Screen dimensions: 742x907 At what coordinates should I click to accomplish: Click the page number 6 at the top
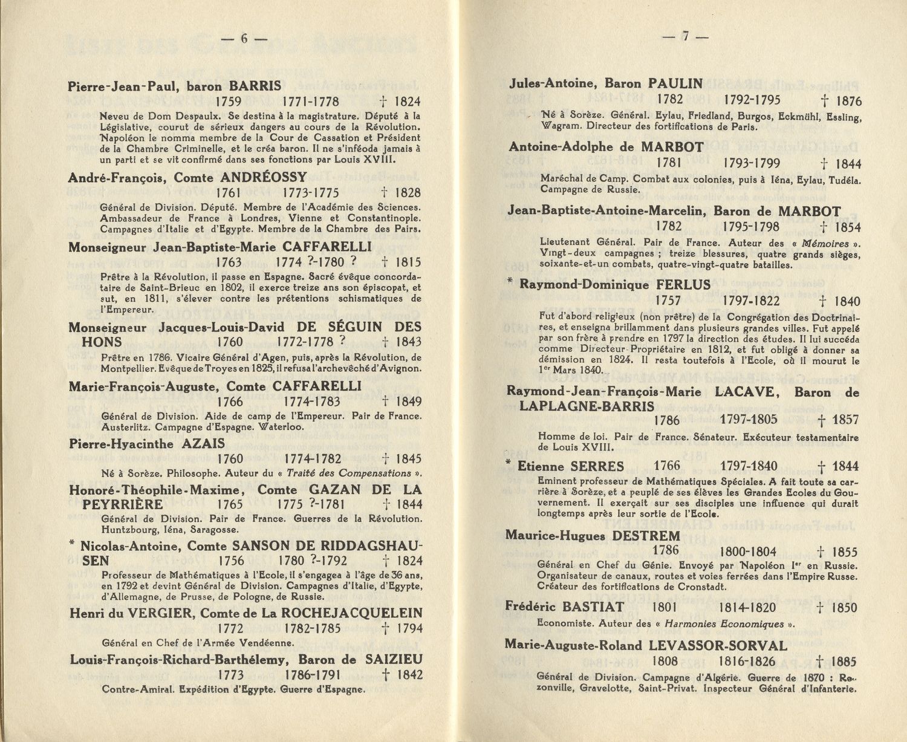tap(244, 38)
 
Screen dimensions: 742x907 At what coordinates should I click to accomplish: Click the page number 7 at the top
tap(686, 36)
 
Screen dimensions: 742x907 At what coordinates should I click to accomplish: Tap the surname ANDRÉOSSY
tap(264, 178)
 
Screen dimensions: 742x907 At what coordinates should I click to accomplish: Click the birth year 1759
tap(228, 102)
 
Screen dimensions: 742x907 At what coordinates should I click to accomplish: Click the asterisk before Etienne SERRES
tap(510, 463)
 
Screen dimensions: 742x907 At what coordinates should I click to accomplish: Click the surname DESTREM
tap(646, 536)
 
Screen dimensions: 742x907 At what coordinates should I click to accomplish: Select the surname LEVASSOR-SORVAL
tap(718, 646)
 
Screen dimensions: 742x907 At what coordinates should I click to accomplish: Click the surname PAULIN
tap(675, 84)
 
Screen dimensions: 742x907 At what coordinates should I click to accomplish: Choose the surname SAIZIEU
tap(394, 660)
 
